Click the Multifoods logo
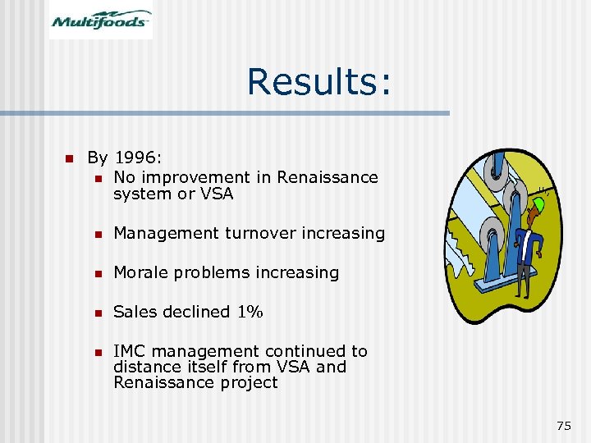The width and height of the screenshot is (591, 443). pyautogui.click(x=101, y=20)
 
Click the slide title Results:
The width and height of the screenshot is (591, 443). pyautogui.click(x=319, y=81)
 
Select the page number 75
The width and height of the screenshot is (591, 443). pyautogui.click(x=563, y=425)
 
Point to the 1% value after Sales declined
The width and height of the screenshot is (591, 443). pyautogui.click(x=250, y=312)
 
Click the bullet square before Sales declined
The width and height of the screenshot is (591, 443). pyautogui.click(x=97, y=313)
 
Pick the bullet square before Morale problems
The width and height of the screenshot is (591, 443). pyautogui.click(x=97, y=273)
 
